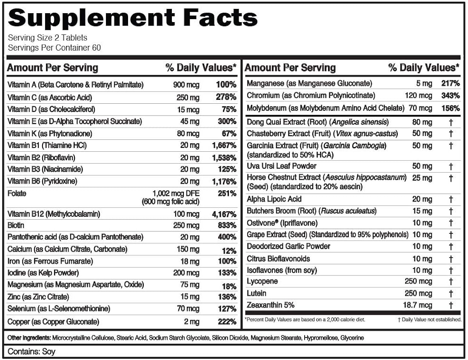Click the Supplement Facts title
133,18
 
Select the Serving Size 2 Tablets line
48,38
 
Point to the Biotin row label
16,225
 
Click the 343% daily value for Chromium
451,96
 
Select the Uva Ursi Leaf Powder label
281,166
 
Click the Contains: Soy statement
31,351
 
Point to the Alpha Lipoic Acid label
274,199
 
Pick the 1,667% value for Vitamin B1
224,145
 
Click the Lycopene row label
262,281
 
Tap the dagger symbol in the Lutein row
451,293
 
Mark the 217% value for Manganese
451,83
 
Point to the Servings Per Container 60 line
54,48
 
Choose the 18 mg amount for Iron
189,261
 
